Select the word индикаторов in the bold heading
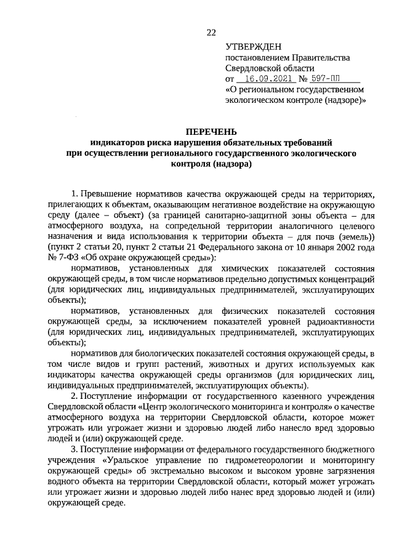click(x=115, y=142)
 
